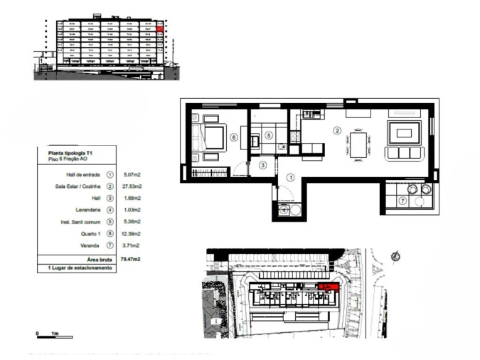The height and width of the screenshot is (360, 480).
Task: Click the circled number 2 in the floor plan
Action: click(x=338, y=130)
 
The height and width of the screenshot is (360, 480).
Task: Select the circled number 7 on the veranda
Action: click(x=402, y=201)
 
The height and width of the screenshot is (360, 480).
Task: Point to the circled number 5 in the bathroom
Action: click(x=269, y=135)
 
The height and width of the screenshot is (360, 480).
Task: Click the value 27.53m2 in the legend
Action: click(x=132, y=186)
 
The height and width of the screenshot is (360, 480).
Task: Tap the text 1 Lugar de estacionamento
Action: click(x=79, y=268)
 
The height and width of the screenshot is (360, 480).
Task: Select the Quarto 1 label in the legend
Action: click(x=90, y=233)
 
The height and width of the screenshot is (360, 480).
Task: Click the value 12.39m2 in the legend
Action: click(x=132, y=233)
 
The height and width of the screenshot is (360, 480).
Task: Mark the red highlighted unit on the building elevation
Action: click(x=160, y=30)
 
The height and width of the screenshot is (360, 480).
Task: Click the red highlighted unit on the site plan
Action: click(x=328, y=287)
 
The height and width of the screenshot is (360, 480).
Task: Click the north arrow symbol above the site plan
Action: click(x=396, y=254)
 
